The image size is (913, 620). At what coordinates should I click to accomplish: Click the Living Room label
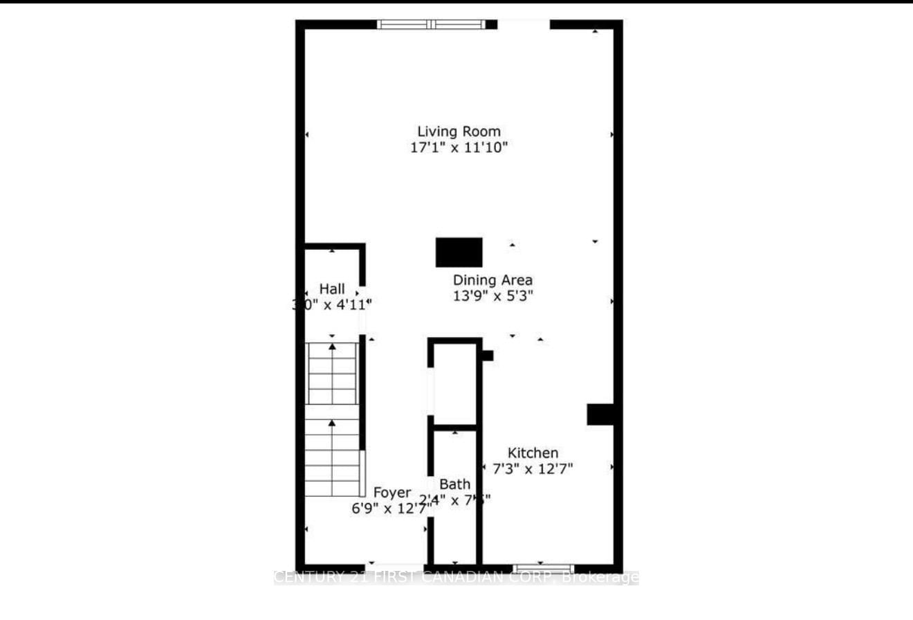(459, 131)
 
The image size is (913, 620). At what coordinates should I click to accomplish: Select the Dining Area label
(492, 280)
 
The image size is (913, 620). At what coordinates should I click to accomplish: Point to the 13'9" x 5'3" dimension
(492, 295)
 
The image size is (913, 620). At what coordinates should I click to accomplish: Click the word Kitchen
(533, 453)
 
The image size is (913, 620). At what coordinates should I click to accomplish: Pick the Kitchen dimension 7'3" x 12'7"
(533, 468)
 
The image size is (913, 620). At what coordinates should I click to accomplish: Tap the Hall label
(332, 289)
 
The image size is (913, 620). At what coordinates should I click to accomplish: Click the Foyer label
(393, 493)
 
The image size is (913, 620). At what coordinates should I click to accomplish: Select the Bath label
(454, 484)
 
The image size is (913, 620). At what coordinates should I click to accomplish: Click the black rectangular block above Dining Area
(459, 252)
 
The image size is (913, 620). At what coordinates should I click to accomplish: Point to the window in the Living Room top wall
(432, 24)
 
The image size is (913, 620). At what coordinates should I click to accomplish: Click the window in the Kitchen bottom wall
(543, 569)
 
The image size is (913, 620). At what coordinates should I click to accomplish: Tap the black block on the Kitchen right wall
(600, 414)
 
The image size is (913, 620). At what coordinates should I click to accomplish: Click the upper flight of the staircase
(333, 373)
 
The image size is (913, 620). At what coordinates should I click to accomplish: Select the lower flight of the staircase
(333, 457)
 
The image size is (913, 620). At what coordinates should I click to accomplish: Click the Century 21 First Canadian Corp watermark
(456, 577)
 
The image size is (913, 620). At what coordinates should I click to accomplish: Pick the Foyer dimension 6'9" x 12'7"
(391, 508)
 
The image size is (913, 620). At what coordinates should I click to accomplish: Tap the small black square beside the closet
(487, 356)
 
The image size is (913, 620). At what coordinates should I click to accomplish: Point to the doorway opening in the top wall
(524, 24)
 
